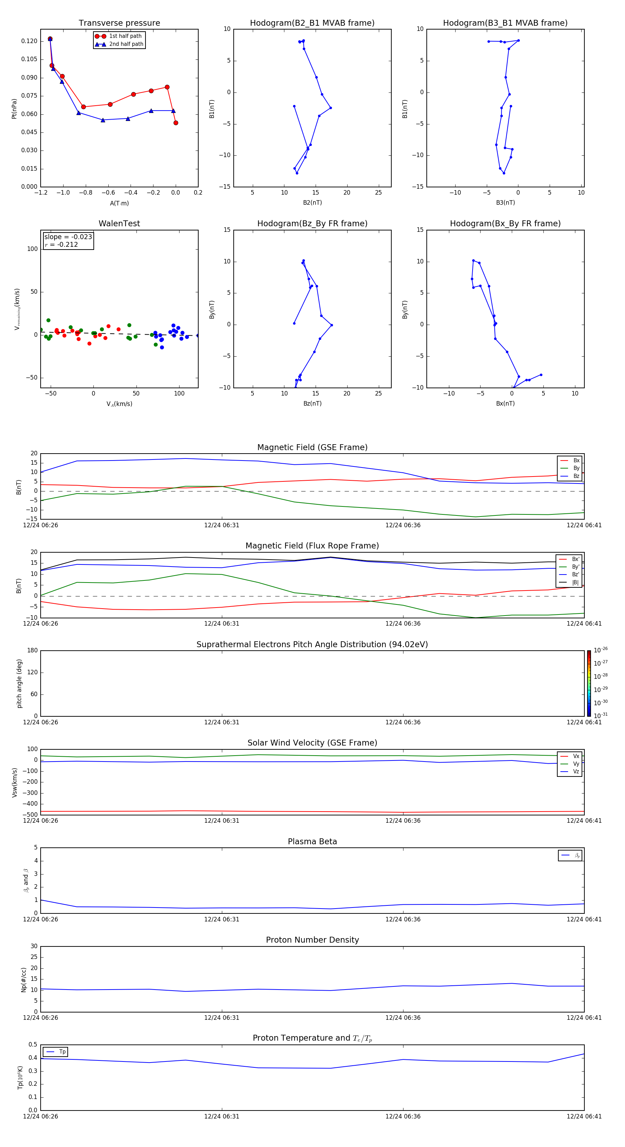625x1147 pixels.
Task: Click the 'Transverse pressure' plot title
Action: pyautogui.click(x=119, y=23)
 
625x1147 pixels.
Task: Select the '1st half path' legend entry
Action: pyautogui.click(x=125, y=36)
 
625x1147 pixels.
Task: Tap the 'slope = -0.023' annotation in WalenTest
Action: pyautogui.click(x=68, y=237)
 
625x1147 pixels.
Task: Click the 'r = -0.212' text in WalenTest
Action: pyautogui.click(x=61, y=244)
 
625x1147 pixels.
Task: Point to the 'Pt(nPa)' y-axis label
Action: pyautogui.click(x=14, y=108)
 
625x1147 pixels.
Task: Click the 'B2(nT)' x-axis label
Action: pyautogui.click(x=312, y=203)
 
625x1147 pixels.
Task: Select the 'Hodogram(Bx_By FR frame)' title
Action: pyautogui.click(x=505, y=223)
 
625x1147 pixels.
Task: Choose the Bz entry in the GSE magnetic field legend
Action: pyautogui.click(x=576, y=476)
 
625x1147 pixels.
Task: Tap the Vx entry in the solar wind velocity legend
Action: pyautogui.click(x=576, y=756)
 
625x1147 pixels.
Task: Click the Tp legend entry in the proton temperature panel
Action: pyautogui.click(x=62, y=1052)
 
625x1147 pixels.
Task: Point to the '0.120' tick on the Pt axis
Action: pyautogui.click(x=30, y=41)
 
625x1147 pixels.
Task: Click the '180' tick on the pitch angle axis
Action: pyautogui.click(x=32, y=651)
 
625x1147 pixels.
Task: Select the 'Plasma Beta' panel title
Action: pyautogui.click(x=312, y=841)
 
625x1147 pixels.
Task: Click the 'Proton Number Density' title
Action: pyautogui.click(x=312, y=940)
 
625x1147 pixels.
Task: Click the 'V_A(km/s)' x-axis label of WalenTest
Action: pyautogui.click(x=119, y=404)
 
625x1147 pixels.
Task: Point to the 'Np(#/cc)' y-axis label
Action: pyautogui.click(x=24, y=979)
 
